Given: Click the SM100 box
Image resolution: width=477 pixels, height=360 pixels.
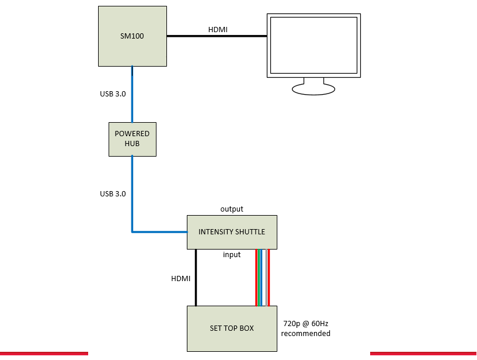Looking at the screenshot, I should coord(133,36).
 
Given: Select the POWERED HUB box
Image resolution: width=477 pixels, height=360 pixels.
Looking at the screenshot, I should coord(133,139).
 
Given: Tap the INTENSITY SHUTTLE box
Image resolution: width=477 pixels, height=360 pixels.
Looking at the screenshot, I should coord(231,232).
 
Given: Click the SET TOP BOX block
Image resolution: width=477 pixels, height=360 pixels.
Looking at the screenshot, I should coord(231,328).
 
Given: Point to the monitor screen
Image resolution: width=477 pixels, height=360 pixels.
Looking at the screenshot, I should coord(312,45).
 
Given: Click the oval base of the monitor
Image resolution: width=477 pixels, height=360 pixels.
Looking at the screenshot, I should coord(314,89).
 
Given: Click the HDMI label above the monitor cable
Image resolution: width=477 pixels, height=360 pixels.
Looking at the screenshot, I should coord(218,29).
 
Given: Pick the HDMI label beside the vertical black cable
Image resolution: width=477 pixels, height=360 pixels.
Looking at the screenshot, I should coord(180,279).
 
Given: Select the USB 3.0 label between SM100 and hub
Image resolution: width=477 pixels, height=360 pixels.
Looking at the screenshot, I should coord(113,94).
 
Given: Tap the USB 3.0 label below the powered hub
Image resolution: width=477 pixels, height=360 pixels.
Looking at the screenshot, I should coord(113,193).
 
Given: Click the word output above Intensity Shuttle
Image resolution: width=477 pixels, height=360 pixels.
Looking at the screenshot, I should coord(232,209).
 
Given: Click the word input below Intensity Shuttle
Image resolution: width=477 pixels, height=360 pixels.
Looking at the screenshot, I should coord(232,255).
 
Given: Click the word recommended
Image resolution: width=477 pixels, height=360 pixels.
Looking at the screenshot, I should coord(305,334).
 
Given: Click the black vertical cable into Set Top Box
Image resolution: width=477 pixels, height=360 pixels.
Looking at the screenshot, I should coord(196,278).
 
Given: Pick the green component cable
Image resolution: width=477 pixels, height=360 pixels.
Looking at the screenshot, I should coord(259,278).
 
